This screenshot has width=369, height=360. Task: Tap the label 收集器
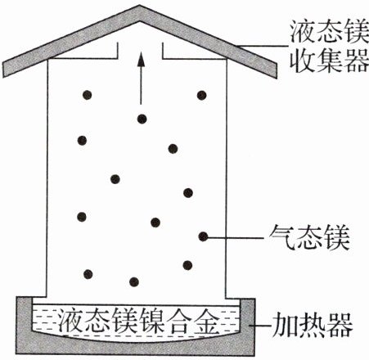pyautogui.click(x=329, y=61)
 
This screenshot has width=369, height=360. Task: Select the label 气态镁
pyautogui.click(x=309, y=237)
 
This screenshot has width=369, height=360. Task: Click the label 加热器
pyautogui.click(x=313, y=325)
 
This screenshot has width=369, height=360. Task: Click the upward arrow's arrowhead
pyautogui.click(x=141, y=60)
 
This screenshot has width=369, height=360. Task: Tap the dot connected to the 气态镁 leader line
pyautogui.click(x=203, y=236)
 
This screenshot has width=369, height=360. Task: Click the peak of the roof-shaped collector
pyautogui.click(x=140, y=6)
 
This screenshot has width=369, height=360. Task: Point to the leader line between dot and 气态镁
pyautogui.click(x=236, y=237)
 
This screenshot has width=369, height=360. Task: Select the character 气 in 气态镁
pyautogui.click(x=282, y=237)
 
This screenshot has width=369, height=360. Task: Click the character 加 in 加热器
pyautogui.click(x=286, y=325)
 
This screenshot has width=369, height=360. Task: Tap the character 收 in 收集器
pyautogui.click(x=302, y=61)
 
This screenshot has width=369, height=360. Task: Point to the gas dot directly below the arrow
pyautogui.click(x=142, y=119)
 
